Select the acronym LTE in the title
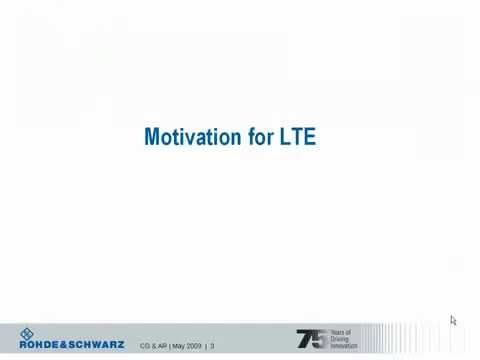pyautogui.click(x=298, y=136)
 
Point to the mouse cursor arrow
pyautogui.click(x=453, y=320)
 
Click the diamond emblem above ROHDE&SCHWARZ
pyautogui.click(x=27, y=334)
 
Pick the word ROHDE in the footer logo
pyautogui.click(x=40, y=345)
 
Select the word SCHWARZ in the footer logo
pyautogui.click(x=98, y=345)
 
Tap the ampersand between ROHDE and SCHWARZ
pyautogui.click(x=65, y=345)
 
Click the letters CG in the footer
pyautogui.click(x=144, y=346)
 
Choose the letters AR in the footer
pyautogui.click(x=162, y=346)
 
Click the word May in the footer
pyautogui.click(x=178, y=346)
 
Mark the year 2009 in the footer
pyautogui.click(x=194, y=346)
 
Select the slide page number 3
pyautogui.click(x=212, y=346)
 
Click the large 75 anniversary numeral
pyautogui.click(x=311, y=339)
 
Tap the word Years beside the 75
pyautogui.click(x=341, y=333)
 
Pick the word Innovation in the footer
pyautogui.click(x=346, y=346)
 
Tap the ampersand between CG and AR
pyautogui.click(x=153, y=346)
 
